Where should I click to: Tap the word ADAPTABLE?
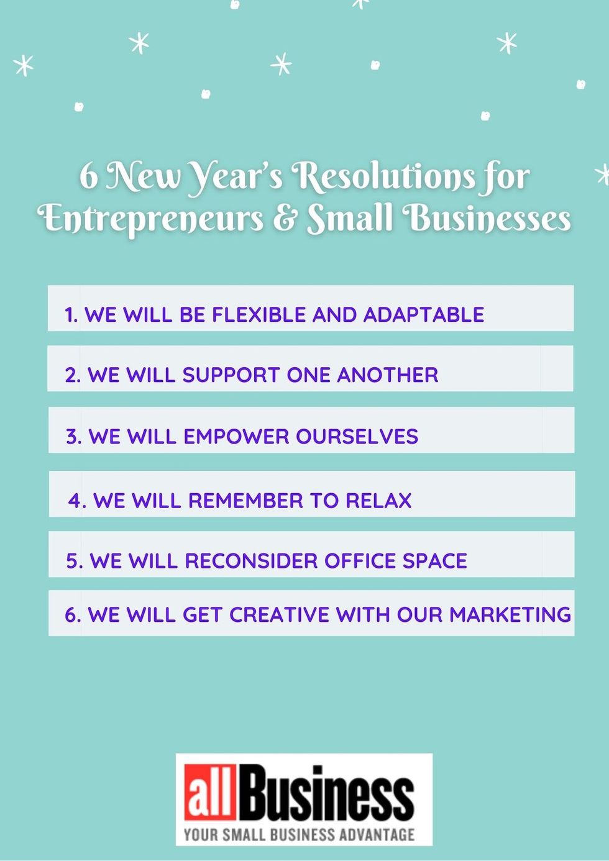[x=423, y=314]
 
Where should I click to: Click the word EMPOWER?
[x=236, y=436]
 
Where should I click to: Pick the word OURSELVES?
[x=357, y=436]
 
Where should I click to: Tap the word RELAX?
[x=378, y=500]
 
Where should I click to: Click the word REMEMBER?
[x=245, y=500]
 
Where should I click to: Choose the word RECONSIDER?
[x=251, y=560]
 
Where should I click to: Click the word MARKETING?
[x=510, y=614]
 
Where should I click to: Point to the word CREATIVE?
[x=280, y=614]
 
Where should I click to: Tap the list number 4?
[x=76, y=500]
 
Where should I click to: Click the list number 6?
[x=72, y=614]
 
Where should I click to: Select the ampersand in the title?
[x=285, y=219]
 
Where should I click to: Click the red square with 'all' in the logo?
[x=209, y=792]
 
